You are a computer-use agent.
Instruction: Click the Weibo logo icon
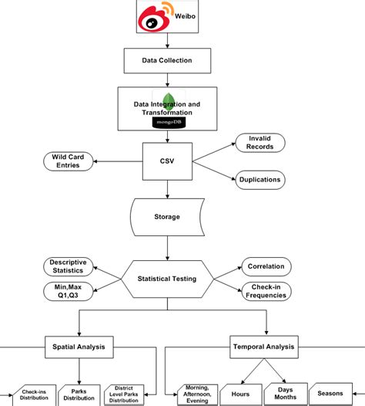pyautogui.click(x=152, y=17)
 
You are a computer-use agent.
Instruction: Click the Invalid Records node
pyautogui.click(x=260, y=143)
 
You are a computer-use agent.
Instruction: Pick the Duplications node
pyautogui.click(x=260, y=179)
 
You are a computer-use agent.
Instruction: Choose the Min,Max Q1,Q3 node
pyautogui.click(x=69, y=291)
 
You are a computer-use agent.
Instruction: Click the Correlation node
pyautogui.click(x=266, y=266)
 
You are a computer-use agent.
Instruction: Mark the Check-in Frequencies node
pyautogui.click(x=266, y=292)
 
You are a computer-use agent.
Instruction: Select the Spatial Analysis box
pyautogui.click(x=79, y=348)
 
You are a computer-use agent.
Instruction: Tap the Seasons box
pyautogui.click(x=330, y=394)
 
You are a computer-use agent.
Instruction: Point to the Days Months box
pyautogui.click(x=285, y=394)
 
